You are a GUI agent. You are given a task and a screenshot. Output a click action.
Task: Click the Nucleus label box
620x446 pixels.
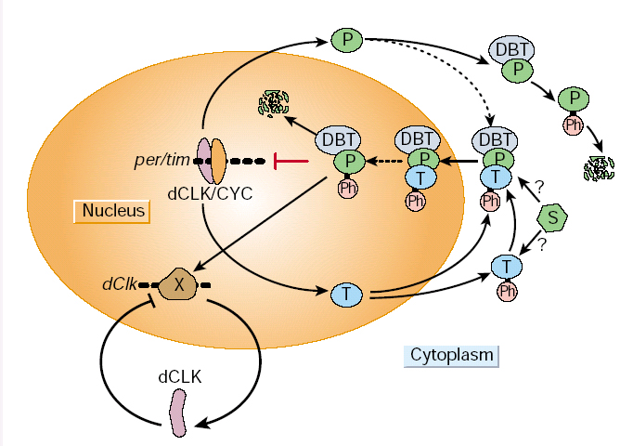tap(113, 211)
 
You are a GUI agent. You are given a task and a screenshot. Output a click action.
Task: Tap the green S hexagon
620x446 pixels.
tap(553, 218)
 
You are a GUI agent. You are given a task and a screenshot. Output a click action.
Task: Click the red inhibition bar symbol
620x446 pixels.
tap(291, 162)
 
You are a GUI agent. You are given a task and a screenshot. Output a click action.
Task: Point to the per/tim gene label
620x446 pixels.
tap(160, 160)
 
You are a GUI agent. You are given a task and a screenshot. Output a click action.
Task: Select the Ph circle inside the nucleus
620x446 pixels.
tap(348, 189)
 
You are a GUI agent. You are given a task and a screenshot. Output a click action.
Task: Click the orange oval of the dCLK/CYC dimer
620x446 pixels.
tap(219, 159)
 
